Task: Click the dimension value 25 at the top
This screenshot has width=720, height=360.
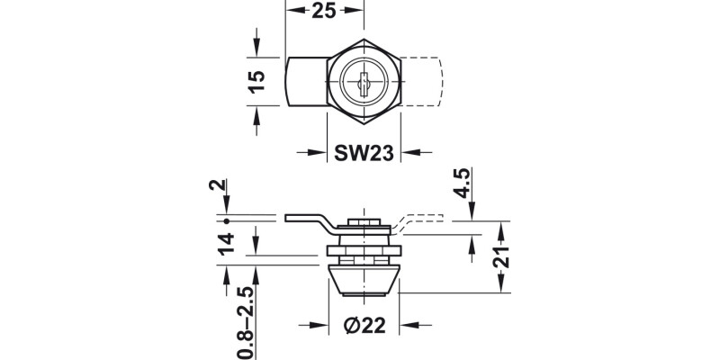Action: [325, 13]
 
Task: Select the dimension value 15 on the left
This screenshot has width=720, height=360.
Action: [256, 81]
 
